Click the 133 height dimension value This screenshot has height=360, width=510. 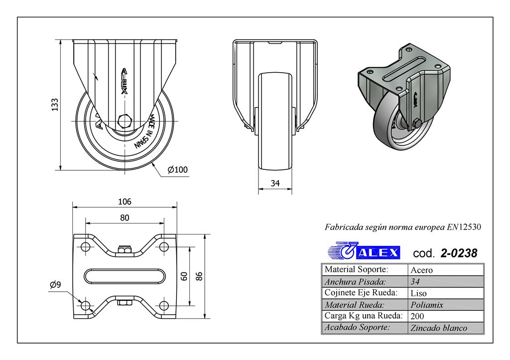(55, 104)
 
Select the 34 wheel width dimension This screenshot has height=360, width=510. (275, 183)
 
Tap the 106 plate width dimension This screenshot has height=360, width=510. (125, 201)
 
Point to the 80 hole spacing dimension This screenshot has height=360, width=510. (125, 218)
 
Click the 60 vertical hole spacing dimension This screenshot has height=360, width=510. (184, 276)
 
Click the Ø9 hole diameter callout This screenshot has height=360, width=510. (55, 285)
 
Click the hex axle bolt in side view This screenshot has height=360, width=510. (125, 121)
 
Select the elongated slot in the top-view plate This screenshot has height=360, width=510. (125, 276)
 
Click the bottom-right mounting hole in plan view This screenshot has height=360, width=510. (164, 305)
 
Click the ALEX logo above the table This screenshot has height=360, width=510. (364, 251)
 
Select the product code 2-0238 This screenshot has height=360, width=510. (459, 253)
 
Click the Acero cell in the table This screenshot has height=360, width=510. (421, 270)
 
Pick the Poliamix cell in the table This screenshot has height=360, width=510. (426, 305)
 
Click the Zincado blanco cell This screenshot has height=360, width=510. (438, 328)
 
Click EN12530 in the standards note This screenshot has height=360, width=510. (464, 227)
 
